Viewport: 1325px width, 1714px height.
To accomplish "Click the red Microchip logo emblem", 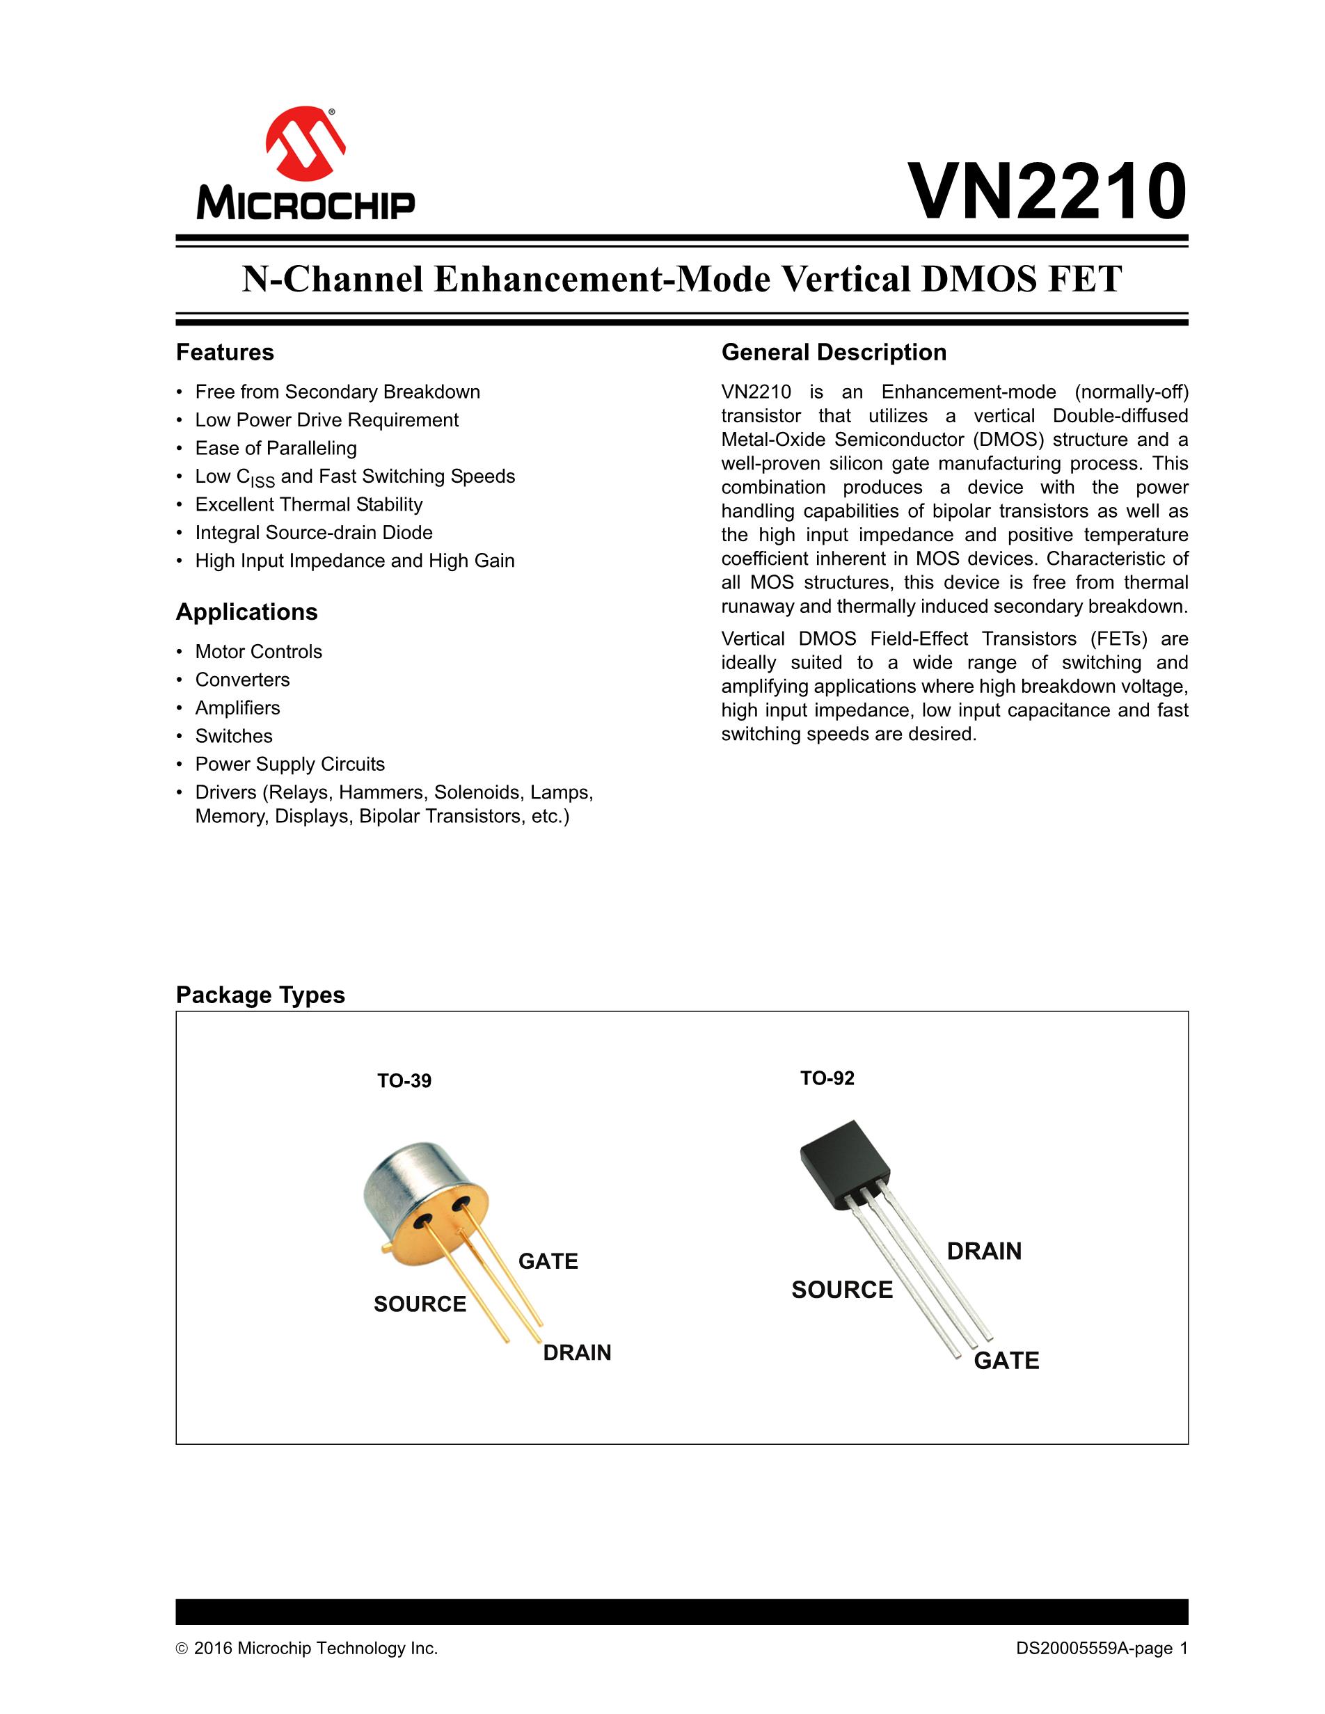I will [x=306, y=143].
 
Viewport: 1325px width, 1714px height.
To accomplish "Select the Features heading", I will [x=225, y=353].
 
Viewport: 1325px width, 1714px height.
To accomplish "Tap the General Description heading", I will [x=834, y=353].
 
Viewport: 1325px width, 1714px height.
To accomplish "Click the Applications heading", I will [x=246, y=612].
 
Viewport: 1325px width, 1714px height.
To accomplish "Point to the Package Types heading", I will [x=260, y=995].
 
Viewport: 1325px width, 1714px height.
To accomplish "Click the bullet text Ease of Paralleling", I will [x=276, y=448].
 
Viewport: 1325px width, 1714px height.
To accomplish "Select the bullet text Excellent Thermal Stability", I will [x=308, y=504].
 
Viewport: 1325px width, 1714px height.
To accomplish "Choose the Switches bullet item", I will [x=234, y=736].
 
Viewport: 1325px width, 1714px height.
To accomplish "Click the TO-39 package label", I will [x=404, y=1081].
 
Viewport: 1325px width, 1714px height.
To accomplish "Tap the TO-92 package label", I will [x=827, y=1078].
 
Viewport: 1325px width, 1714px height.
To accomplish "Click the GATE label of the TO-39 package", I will [x=548, y=1261].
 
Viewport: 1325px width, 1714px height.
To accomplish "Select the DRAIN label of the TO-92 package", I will [x=984, y=1251].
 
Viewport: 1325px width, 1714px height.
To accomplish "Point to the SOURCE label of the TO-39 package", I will [x=420, y=1304].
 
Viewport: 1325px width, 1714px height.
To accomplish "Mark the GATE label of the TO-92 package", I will [x=1006, y=1361].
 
